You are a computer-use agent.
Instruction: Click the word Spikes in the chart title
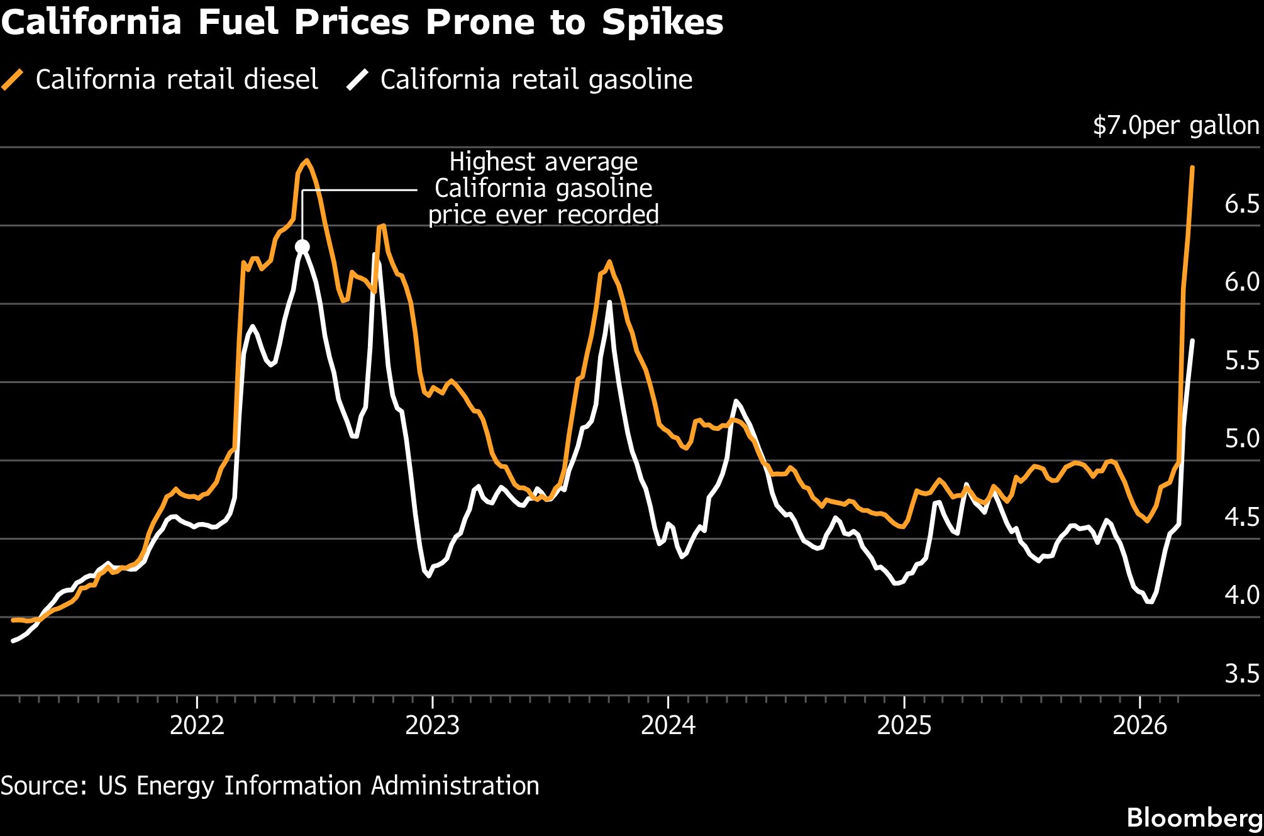click(x=662, y=23)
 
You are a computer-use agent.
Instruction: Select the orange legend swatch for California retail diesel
click(x=13, y=80)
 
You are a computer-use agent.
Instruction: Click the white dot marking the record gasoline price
click(x=302, y=247)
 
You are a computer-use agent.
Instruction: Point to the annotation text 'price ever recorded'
click(x=543, y=215)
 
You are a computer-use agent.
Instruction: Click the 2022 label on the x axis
click(x=197, y=725)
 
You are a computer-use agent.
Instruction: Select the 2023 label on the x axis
click(x=432, y=725)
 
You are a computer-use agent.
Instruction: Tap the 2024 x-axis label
click(x=668, y=725)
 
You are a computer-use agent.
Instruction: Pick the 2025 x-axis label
click(x=904, y=725)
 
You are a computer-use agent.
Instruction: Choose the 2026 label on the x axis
click(x=1139, y=725)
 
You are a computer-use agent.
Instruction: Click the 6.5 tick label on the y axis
click(x=1241, y=204)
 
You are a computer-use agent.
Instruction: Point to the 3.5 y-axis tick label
click(x=1241, y=674)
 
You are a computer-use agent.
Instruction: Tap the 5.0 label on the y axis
click(x=1241, y=438)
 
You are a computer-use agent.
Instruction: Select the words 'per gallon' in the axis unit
click(x=1201, y=126)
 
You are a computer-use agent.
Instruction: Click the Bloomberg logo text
click(x=1194, y=818)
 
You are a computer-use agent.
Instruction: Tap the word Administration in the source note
click(x=455, y=786)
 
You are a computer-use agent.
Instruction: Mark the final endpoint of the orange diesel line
click(x=1192, y=168)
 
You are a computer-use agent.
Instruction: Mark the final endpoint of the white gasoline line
click(x=1192, y=340)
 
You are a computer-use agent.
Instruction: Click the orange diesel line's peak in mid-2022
click(x=306, y=160)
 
